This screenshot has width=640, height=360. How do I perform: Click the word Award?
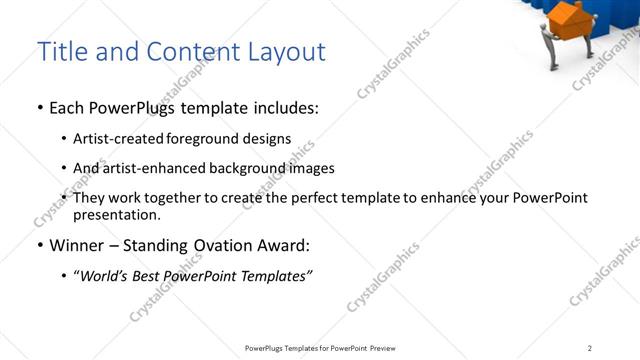coord(286,245)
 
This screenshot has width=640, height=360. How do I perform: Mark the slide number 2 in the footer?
coord(589,348)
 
